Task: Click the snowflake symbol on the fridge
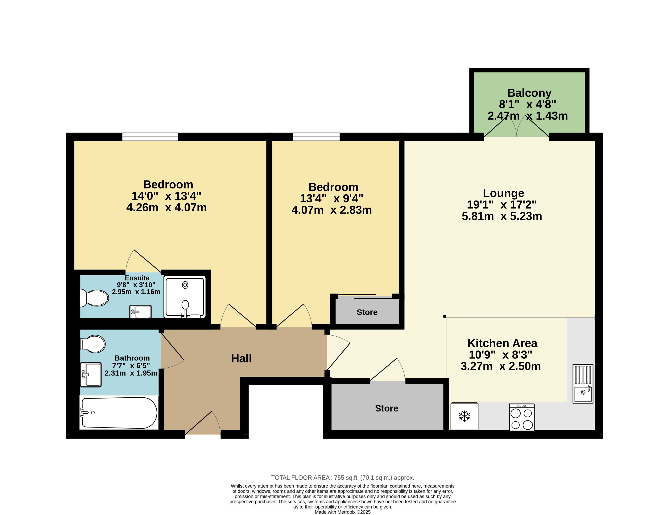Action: pyautogui.click(x=464, y=416)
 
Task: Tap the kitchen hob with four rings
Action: pyautogui.click(x=522, y=417)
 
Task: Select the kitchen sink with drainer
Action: pyautogui.click(x=583, y=383)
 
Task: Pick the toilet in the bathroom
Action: pyautogui.click(x=93, y=344)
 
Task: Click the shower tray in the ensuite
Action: pyautogui.click(x=185, y=297)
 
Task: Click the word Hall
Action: pyautogui.click(x=241, y=358)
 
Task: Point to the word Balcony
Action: pyautogui.click(x=529, y=93)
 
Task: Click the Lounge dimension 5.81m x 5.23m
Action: pyautogui.click(x=502, y=216)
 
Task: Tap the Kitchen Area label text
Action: pyautogui.click(x=502, y=343)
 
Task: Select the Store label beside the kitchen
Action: pyautogui.click(x=386, y=408)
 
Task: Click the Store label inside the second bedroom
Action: pyautogui.click(x=367, y=312)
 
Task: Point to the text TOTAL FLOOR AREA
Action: pyautogui.click(x=300, y=478)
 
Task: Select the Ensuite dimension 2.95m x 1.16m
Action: pyautogui.click(x=136, y=292)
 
